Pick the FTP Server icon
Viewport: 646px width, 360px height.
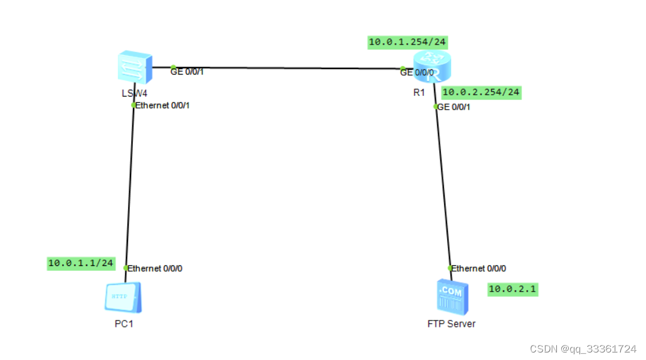tap(452, 297)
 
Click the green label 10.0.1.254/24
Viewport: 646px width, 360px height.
tap(408, 43)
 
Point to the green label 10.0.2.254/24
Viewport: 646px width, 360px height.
tap(481, 92)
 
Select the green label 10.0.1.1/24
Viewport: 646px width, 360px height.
tap(82, 263)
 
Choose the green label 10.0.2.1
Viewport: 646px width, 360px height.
tap(512, 289)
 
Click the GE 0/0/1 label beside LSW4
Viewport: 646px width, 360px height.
tap(188, 71)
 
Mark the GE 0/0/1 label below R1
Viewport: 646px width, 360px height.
tap(453, 107)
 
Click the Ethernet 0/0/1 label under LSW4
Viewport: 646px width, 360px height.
tap(162, 105)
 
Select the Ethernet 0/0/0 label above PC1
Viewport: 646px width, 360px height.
tap(155, 268)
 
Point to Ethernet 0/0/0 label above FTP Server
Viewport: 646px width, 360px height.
tap(479, 268)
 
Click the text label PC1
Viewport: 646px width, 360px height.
tap(124, 324)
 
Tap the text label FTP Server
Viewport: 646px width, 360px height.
tap(452, 324)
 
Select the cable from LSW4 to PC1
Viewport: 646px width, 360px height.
tap(130, 188)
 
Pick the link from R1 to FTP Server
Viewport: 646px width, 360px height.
tap(443, 188)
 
